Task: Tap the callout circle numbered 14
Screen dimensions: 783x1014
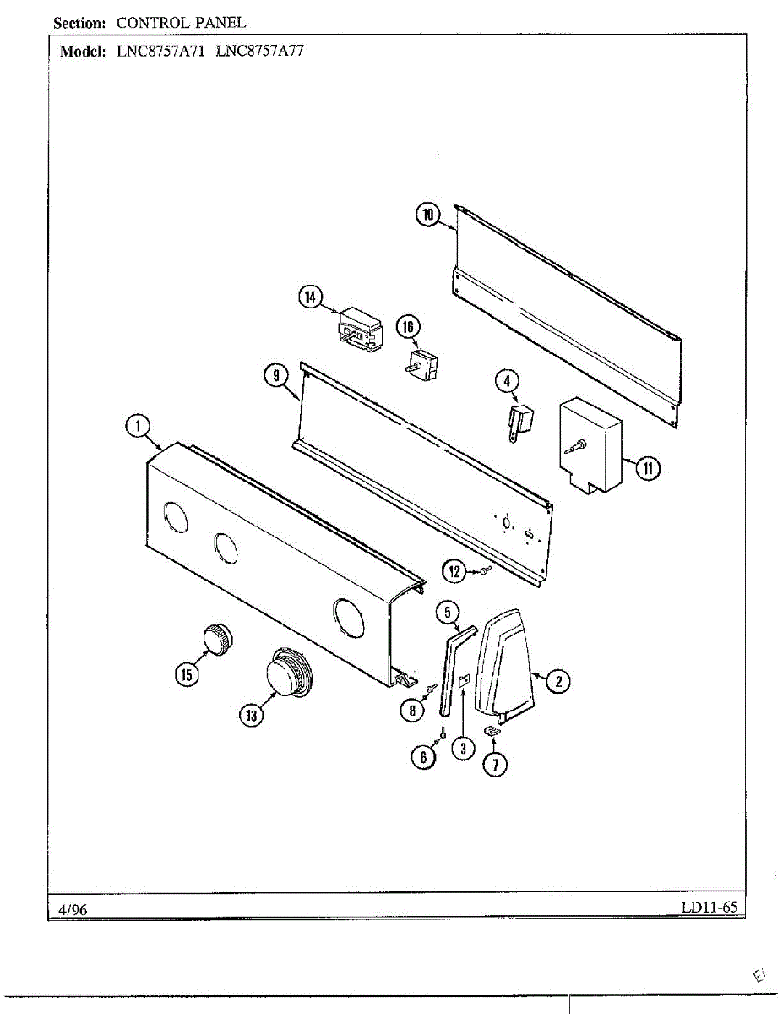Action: tap(311, 297)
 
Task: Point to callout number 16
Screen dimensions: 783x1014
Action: tap(409, 327)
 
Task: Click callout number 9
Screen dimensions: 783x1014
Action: tap(275, 378)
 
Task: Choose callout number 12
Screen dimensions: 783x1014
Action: tap(455, 572)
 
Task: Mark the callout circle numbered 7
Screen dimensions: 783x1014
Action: tap(495, 765)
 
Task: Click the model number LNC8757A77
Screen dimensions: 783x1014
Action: tap(259, 50)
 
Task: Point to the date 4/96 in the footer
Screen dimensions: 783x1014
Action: tap(73, 908)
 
